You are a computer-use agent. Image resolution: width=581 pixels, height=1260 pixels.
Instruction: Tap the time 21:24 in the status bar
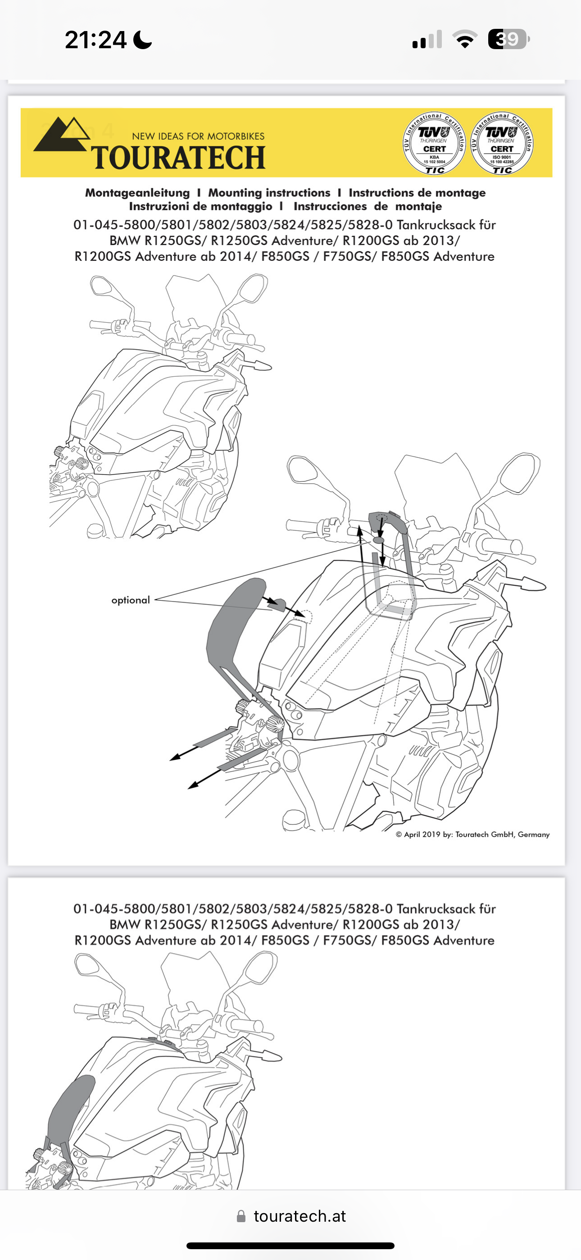96,40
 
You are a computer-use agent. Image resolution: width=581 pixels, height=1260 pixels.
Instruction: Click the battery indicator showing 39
508,39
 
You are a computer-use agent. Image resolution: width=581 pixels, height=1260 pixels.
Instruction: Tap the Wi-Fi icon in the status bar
465,39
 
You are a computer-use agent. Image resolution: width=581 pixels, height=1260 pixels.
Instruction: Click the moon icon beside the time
142,40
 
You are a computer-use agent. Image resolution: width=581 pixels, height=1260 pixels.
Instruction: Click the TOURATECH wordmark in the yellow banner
178,158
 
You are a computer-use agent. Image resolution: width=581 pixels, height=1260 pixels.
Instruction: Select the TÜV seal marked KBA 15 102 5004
434,144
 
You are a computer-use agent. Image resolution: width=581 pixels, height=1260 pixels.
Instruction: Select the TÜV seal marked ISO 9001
502,144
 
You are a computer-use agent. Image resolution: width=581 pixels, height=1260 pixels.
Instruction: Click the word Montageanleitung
137,193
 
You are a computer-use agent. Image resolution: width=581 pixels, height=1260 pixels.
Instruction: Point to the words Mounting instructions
269,193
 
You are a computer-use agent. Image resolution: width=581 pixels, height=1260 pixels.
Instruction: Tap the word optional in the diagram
131,600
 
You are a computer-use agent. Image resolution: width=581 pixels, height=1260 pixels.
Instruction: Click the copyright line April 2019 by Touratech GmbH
472,835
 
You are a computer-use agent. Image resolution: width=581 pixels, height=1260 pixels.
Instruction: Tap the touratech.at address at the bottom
300,1216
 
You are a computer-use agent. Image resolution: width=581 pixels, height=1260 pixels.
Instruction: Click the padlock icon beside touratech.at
241,1216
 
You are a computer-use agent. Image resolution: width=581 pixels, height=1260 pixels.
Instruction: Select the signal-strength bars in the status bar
427,40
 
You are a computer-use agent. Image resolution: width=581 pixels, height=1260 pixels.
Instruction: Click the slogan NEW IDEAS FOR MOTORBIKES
198,137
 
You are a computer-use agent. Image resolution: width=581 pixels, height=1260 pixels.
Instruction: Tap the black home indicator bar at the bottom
290,1245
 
